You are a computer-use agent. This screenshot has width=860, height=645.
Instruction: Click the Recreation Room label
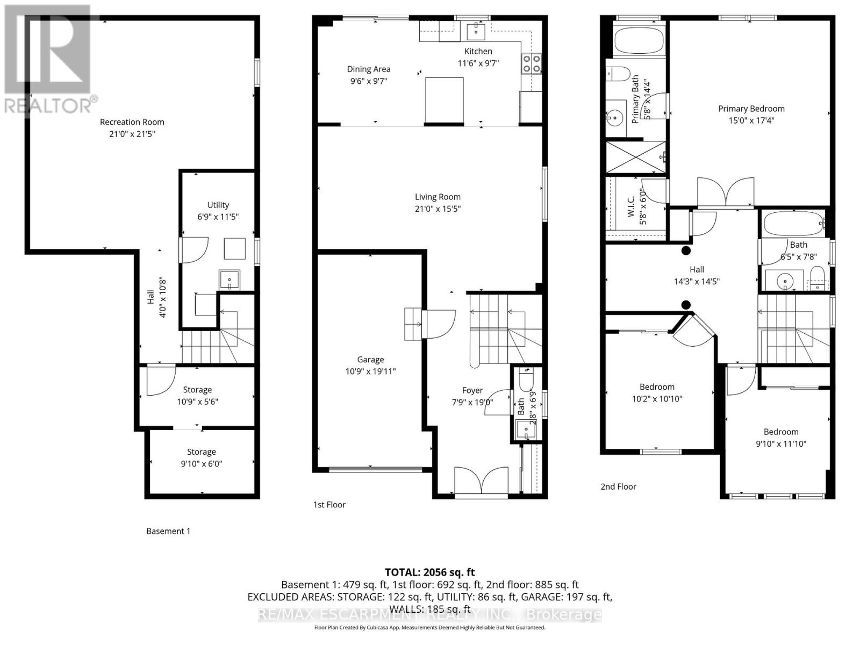pos(132,122)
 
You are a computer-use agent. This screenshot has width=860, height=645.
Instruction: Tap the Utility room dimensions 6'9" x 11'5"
pos(218,217)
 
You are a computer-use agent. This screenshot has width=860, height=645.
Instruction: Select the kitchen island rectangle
pos(445,101)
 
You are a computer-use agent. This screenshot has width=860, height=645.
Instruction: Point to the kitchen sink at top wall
pos(476,31)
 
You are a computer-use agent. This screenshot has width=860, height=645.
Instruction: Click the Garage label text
pos(370,360)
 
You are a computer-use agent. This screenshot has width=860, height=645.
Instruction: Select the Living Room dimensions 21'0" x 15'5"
pos(438,209)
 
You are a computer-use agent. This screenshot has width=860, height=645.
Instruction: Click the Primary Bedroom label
pos(751,109)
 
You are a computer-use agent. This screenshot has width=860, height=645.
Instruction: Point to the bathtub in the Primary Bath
pos(639,39)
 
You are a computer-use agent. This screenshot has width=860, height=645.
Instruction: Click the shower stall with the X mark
pos(636,157)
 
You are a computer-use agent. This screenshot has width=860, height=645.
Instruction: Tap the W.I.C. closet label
pos(630,206)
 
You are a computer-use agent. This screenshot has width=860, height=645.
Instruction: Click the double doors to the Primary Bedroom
pos(725,193)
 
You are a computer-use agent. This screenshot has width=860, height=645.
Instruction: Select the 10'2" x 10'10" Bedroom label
pos(657,387)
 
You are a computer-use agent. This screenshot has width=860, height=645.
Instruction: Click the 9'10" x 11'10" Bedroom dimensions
pos(780,444)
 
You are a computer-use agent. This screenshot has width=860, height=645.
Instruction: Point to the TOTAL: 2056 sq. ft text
pos(429,572)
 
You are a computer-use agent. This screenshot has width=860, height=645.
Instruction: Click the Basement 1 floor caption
pos(168,531)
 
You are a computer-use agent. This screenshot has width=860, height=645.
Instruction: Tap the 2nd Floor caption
pos(618,486)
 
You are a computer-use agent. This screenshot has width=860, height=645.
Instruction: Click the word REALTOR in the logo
pos(47,105)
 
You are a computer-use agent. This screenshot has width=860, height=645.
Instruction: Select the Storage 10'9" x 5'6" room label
pos(197,390)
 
